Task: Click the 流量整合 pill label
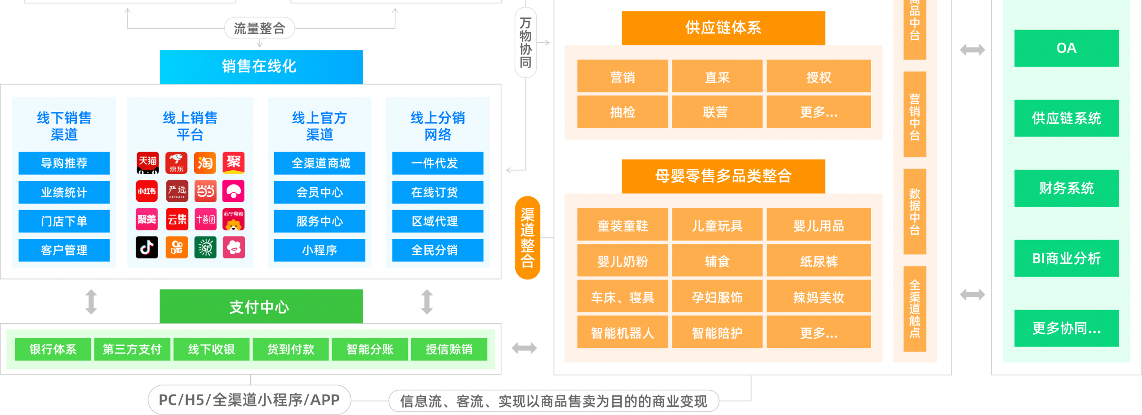point(259,28)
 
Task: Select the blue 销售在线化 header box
point(261,67)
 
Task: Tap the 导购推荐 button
point(64,163)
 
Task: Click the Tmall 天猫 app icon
point(148,163)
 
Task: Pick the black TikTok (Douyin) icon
point(147,247)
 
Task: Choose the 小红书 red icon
point(147,191)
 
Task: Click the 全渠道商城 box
point(319,163)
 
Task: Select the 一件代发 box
point(437,163)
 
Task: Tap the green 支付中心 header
point(261,306)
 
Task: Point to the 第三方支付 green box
point(132,349)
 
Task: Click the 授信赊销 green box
point(449,349)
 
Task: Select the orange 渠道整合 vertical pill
point(527,237)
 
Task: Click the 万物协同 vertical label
point(525,42)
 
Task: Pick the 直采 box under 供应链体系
point(717,77)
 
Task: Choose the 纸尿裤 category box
point(819,261)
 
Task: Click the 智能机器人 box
point(622,333)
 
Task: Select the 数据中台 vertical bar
point(915,212)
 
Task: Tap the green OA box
point(1066,48)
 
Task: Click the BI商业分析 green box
point(1066,258)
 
